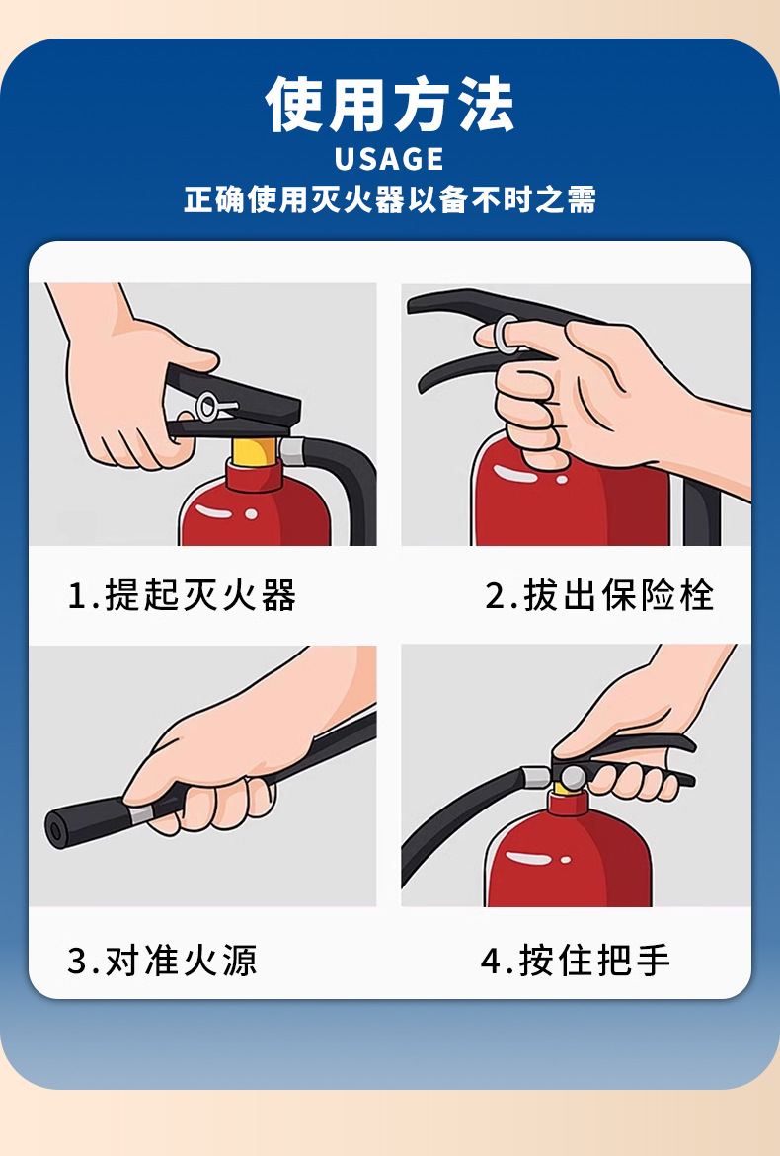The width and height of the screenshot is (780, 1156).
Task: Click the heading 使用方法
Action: click(389, 105)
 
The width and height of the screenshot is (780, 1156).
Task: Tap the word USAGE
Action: click(389, 159)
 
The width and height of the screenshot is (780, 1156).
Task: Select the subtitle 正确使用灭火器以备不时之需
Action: click(389, 199)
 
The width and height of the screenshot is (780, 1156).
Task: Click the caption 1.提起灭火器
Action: click(182, 595)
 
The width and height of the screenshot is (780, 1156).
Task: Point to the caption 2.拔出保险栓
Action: click(599, 595)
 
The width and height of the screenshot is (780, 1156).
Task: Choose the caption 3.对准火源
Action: click(162, 961)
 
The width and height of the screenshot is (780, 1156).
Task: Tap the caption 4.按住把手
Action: click(575, 961)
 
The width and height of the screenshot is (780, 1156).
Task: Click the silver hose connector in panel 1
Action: click(292, 450)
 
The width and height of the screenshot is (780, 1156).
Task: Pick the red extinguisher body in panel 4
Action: click(568, 855)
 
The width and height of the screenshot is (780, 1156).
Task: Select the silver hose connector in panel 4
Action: click(536, 776)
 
